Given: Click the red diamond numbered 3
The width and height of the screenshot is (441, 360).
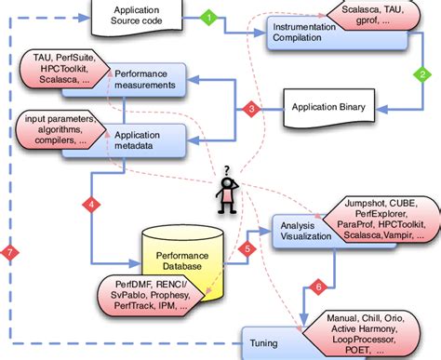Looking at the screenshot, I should (x=249, y=109).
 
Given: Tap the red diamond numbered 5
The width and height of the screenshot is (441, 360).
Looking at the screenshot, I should (x=247, y=248).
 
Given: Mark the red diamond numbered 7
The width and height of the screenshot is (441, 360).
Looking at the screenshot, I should (x=9, y=252).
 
